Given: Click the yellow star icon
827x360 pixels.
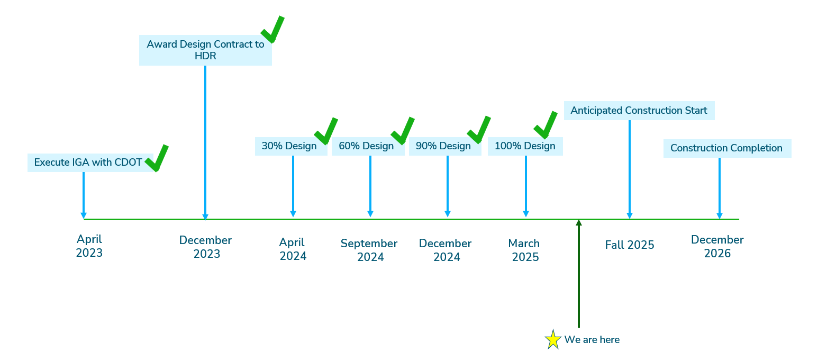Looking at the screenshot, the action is click(553, 340).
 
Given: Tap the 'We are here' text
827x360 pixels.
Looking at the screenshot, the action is click(592, 340).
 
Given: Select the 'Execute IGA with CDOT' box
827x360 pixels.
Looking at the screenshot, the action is click(90, 163).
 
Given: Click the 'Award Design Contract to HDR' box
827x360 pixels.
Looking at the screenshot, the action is click(205, 50).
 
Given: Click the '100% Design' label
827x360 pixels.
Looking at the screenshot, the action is click(525, 146).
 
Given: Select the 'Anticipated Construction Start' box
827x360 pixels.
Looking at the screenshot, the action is click(639, 111).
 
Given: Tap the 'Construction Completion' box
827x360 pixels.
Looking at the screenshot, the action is click(728, 148).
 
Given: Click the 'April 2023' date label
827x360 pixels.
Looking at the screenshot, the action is click(89, 246).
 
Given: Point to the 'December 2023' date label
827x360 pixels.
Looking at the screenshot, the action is click(206, 247).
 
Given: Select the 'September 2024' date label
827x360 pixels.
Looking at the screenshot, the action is click(369, 250).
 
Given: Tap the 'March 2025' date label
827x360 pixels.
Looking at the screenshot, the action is click(524, 250).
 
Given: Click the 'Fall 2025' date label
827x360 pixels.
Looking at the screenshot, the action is click(630, 245).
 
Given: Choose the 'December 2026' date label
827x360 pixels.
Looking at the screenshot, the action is click(717, 246).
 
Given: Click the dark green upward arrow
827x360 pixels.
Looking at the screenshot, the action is click(579, 274).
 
